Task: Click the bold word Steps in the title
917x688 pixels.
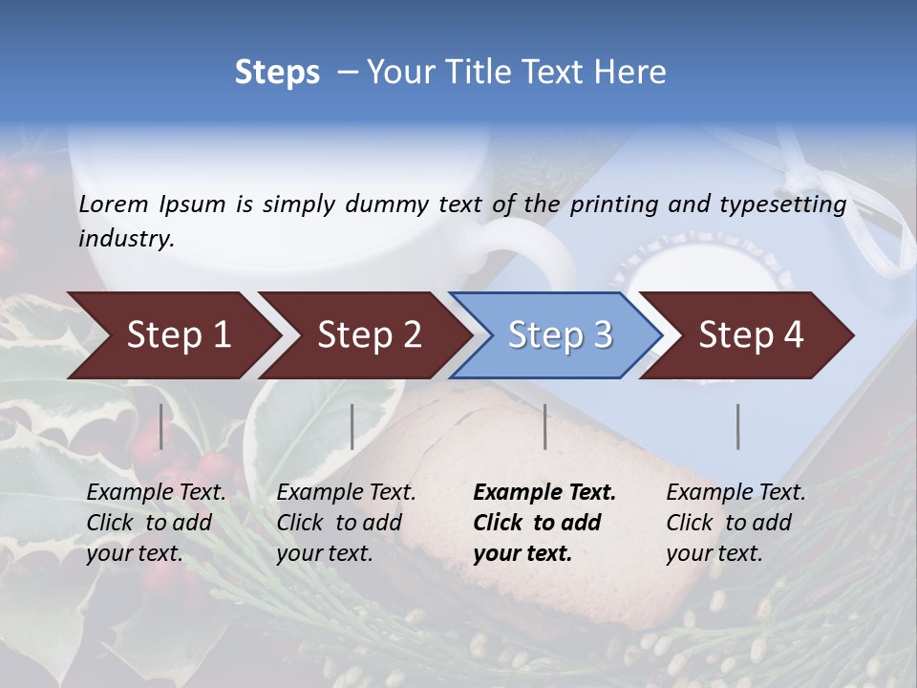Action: tap(277, 73)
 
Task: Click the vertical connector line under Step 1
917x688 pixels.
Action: tap(161, 426)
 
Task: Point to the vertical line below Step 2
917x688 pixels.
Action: tap(352, 426)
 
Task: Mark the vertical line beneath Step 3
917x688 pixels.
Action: tap(545, 426)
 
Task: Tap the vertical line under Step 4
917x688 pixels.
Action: tap(738, 426)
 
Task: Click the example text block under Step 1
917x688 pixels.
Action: tap(156, 523)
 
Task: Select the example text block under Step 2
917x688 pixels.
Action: tap(346, 523)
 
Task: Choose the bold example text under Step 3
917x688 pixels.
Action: tap(544, 523)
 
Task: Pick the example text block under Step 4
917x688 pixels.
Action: tap(736, 523)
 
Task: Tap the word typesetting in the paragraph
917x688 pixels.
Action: tap(782, 204)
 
